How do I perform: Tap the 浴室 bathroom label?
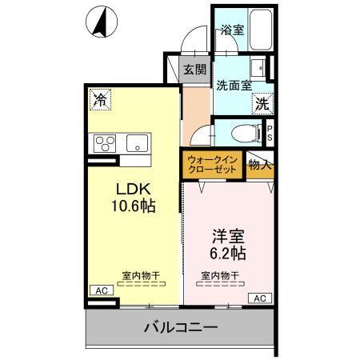click(232, 30)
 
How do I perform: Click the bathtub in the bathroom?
click(260, 29)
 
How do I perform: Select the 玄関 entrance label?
click(194, 70)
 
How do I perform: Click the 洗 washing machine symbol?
click(262, 102)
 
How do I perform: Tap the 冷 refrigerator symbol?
click(100, 100)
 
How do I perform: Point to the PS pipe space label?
click(270, 132)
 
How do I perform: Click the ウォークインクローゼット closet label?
click(212, 165)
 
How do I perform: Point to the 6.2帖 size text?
click(227, 254)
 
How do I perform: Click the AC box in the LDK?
click(100, 290)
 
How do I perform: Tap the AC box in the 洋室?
click(259, 298)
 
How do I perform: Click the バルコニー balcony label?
click(181, 327)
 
